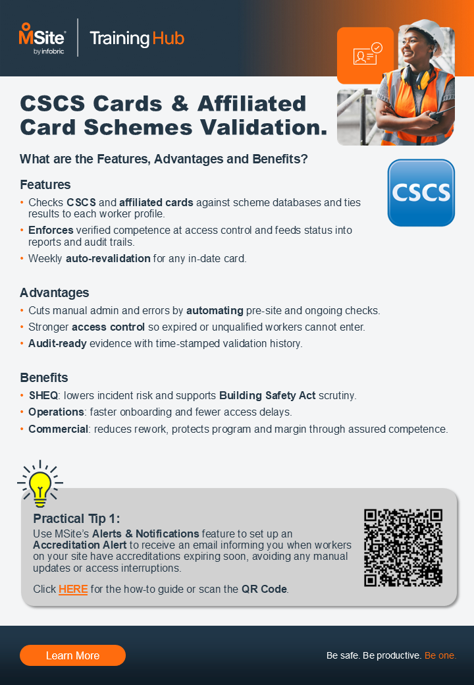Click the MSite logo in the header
(x=42, y=38)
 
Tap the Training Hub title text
(x=137, y=38)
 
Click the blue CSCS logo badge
(x=421, y=192)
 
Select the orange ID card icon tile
(x=365, y=55)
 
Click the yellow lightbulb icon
(x=40, y=482)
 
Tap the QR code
(x=403, y=547)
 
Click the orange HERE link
(x=73, y=589)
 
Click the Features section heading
(x=45, y=184)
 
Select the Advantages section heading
(x=54, y=292)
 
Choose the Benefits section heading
(x=44, y=378)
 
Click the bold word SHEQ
(x=43, y=396)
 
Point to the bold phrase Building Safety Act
(x=267, y=396)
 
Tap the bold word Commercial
(x=58, y=429)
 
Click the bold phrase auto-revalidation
(x=108, y=259)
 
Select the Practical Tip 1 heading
(x=76, y=518)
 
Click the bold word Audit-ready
(x=57, y=343)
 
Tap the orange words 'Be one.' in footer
(x=440, y=655)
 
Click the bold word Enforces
(x=51, y=230)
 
